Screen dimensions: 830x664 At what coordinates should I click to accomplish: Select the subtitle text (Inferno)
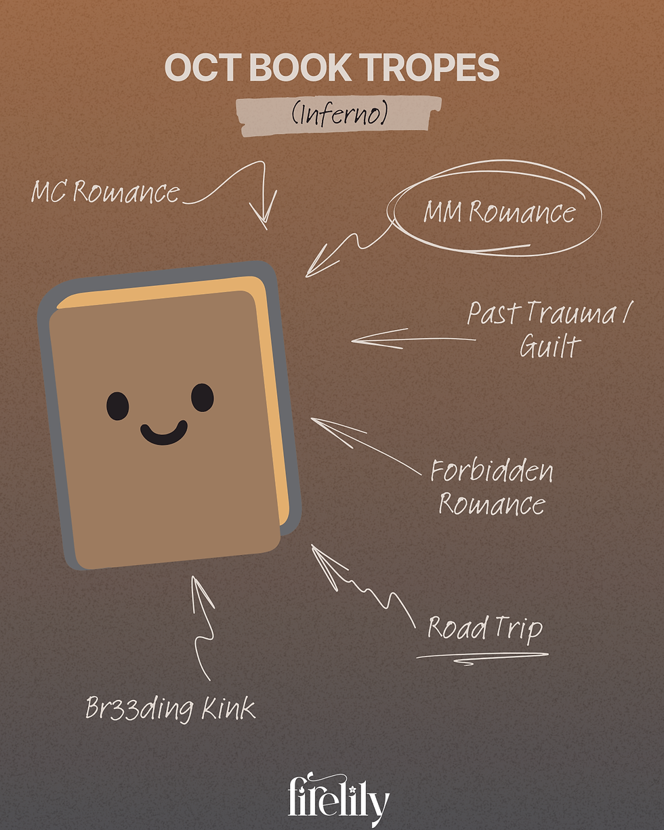[x=339, y=114]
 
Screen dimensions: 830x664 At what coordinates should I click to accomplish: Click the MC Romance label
[x=106, y=192]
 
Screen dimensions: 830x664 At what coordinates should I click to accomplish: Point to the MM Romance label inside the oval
[x=499, y=212]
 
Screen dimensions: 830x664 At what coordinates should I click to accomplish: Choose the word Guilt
[x=549, y=346]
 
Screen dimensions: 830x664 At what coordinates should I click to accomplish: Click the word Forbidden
[x=492, y=472]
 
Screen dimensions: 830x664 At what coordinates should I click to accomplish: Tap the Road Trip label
[x=484, y=628]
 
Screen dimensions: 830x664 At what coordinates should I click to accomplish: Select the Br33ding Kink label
[x=171, y=709]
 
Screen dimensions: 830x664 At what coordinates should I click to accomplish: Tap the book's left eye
[x=117, y=405]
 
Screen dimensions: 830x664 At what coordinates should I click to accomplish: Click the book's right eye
[x=202, y=397]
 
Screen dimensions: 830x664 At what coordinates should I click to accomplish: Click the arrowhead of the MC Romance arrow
[x=264, y=220]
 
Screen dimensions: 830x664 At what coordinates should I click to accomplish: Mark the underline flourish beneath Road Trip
[x=481, y=656]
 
